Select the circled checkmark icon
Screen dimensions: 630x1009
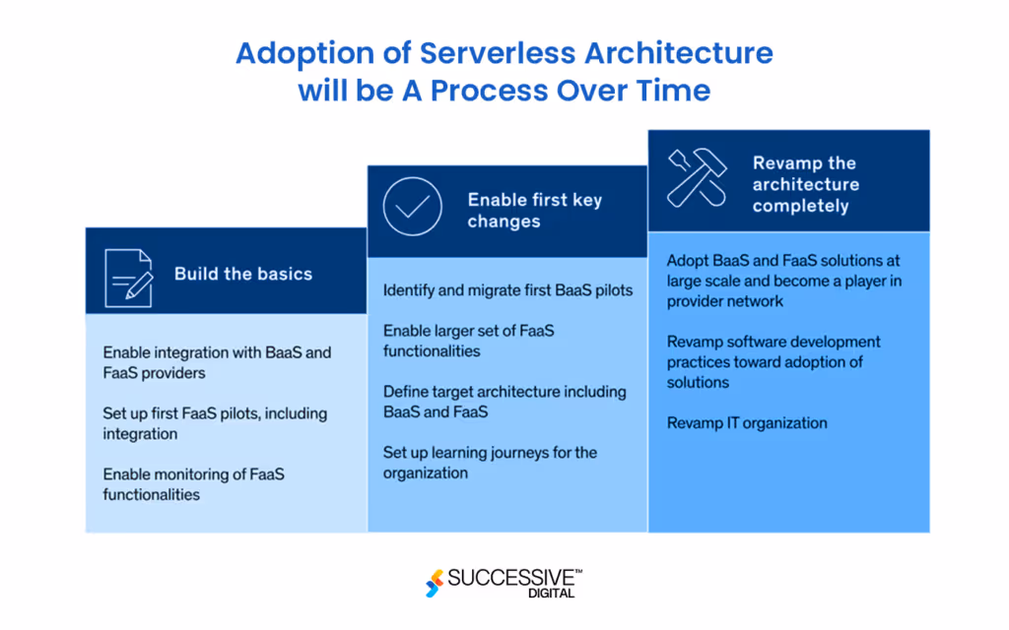pos(412,206)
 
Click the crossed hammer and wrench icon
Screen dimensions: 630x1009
pos(696,177)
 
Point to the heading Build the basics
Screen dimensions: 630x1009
pos(242,274)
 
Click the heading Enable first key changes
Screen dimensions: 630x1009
pos(534,211)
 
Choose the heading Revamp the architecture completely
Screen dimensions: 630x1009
pos(805,184)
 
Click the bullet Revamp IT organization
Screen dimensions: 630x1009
pos(746,423)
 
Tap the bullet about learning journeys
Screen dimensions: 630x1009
pos(490,463)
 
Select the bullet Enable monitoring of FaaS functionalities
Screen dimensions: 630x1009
pos(194,484)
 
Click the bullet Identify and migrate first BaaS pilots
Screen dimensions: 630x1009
pos(507,290)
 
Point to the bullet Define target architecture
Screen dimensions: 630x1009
pos(504,402)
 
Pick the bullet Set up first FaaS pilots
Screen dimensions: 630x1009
pos(215,423)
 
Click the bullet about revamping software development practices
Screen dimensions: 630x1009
pos(774,361)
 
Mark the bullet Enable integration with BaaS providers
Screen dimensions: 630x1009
pos(217,361)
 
